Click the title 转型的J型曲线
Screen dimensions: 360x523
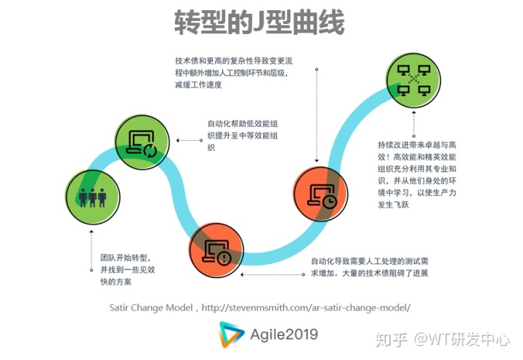(259, 22)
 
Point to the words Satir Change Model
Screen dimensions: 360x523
(151, 308)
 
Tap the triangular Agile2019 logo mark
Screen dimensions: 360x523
(232, 335)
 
